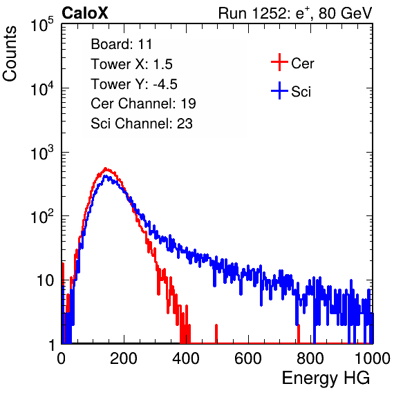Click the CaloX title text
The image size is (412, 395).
pyautogui.click(x=84, y=13)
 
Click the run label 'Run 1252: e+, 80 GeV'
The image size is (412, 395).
pyautogui.click(x=295, y=13)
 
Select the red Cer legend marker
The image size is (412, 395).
pyautogui.click(x=279, y=62)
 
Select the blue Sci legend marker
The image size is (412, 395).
pyautogui.click(x=279, y=90)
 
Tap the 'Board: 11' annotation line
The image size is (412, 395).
pyautogui.click(x=122, y=44)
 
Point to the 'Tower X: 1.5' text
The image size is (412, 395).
pyautogui.click(x=131, y=64)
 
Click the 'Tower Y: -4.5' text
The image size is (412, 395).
pyautogui.click(x=134, y=84)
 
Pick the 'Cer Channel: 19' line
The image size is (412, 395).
pyautogui.click(x=143, y=104)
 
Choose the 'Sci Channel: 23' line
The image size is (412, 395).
pyautogui.click(x=142, y=124)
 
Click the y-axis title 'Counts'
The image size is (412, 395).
pyautogui.click(x=10, y=54)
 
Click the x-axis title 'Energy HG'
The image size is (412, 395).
pyautogui.click(x=326, y=378)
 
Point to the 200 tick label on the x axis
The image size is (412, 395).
pyautogui.click(x=124, y=358)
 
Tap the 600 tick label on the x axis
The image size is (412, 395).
pyautogui.click(x=248, y=358)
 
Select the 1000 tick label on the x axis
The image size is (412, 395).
pyautogui.click(x=373, y=358)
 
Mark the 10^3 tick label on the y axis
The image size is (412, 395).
pyautogui.click(x=42, y=153)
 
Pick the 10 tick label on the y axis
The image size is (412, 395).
pyautogui.click(x=45, y=280)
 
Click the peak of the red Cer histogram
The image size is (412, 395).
pyautogui.click(x=105, y=168)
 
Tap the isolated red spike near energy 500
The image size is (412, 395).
pyautogui.click(x=216, y=334)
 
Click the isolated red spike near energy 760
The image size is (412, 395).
pyautogui.click(x=299, y=334)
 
